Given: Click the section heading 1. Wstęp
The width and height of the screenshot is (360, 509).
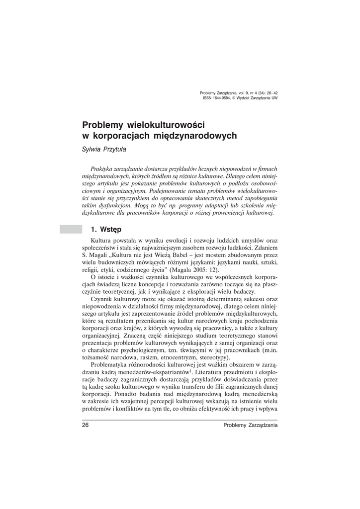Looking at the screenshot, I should pos(105,229).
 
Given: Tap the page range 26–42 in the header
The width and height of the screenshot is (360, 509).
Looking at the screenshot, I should pos(270,93).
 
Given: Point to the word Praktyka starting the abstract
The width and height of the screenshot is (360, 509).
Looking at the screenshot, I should pos(99,170).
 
